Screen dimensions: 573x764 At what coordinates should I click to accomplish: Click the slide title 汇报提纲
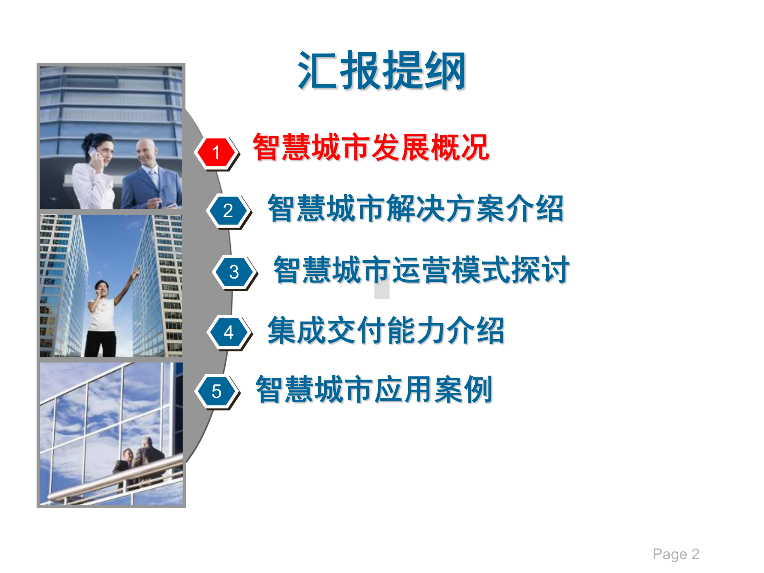pos(382,71)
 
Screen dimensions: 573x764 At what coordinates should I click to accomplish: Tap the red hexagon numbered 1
pos(216,152)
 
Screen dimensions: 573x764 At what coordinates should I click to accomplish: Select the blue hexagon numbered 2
pos(228,211)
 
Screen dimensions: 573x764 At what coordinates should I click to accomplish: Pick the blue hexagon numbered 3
pos(234,272)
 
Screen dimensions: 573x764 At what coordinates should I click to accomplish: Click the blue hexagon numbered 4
pos(228,333)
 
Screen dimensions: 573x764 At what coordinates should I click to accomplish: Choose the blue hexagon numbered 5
pos(216,392)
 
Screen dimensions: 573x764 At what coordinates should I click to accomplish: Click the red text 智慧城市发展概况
pos(371,148)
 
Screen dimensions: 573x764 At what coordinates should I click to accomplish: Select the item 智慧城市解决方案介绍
pos(416,209)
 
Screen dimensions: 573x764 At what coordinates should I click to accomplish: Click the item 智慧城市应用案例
pos(374,389)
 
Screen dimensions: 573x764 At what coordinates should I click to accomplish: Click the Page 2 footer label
pos(676,554)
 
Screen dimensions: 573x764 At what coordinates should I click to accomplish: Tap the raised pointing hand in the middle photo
pos(136,272)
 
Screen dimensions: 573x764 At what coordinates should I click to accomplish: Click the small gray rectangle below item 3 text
pos(382,291)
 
